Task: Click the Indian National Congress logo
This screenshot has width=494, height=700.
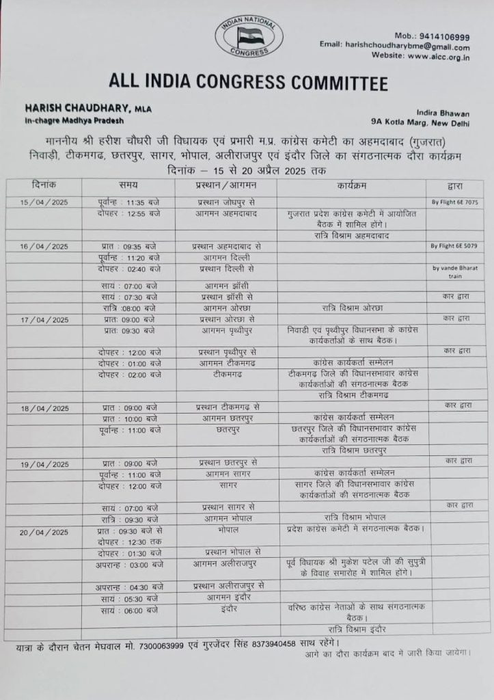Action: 249,38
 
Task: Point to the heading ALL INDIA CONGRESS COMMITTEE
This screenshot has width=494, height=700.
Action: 248,83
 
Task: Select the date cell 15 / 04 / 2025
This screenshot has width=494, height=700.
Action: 44,202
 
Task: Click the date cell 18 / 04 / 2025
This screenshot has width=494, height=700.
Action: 44,408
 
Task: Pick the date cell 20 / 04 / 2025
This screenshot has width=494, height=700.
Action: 44,532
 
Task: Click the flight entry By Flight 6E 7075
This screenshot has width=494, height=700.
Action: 454,203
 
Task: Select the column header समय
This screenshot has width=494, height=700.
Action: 127,185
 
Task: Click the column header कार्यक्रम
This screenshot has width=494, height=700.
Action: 352,185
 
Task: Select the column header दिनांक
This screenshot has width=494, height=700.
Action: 44,185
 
